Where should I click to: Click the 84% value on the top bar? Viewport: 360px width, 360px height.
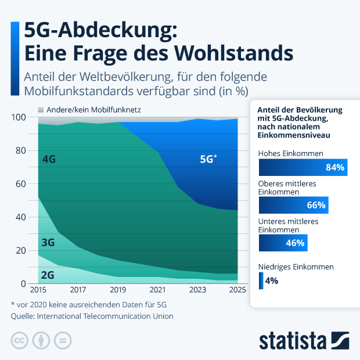[335, 168]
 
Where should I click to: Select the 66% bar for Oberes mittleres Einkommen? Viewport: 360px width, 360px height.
[294, 205]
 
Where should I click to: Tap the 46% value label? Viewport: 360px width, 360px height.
[295, 243]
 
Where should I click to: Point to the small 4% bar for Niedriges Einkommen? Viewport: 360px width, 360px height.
[261, 281]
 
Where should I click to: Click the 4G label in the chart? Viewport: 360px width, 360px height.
[49, 159]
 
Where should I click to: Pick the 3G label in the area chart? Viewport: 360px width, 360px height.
[48, 243]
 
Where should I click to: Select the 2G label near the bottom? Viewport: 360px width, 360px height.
[48, 275]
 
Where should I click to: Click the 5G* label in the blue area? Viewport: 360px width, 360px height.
[208, 159]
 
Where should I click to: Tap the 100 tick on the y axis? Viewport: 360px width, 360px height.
[19, 117]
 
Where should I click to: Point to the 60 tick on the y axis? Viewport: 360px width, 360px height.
[21, 184]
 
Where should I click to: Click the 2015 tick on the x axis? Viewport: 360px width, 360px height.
[38, 290]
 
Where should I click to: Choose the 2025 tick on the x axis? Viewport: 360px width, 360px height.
[237, 290]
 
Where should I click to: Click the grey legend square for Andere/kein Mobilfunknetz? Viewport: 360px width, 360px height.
[41, 109]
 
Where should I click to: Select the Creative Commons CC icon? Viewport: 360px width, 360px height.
[20, 340]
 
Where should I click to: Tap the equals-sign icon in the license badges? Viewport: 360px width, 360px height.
[64, 340]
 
